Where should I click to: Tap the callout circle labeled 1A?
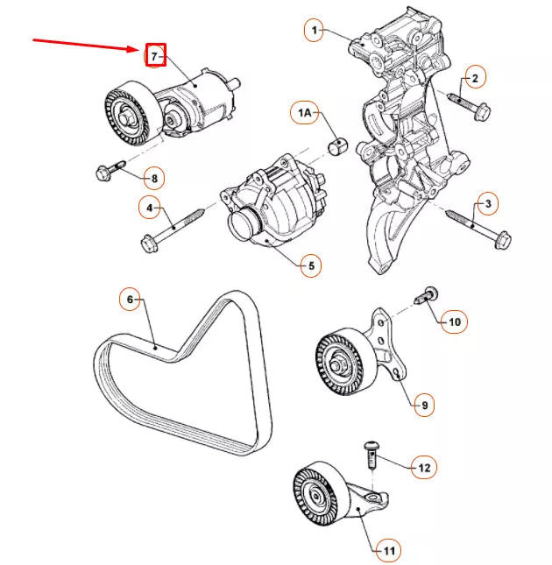304,113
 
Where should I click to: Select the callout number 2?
474,79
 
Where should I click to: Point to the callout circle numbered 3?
486,205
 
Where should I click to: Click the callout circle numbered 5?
310,265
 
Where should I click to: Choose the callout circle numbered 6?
131,300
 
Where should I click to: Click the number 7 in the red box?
154,56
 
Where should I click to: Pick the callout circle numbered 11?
386,551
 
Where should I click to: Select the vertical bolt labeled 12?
370,456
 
